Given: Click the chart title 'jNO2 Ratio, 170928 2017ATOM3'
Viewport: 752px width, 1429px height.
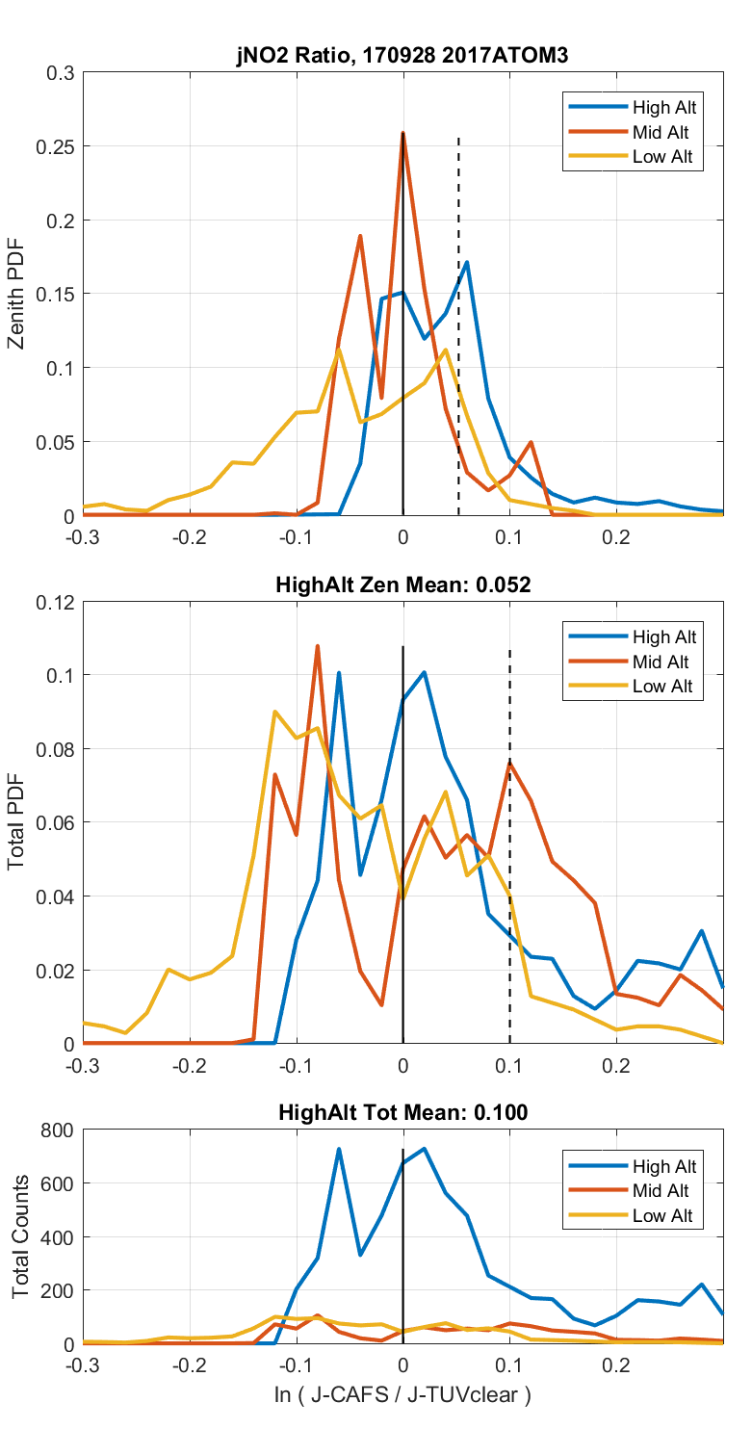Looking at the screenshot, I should (402, 57).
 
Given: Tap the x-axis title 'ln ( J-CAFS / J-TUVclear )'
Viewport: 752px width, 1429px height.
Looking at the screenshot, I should (402, 1393).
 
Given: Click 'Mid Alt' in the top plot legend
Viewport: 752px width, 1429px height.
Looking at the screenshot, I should (661, 132).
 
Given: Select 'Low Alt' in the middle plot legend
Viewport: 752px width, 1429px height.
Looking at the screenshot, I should (662, 687).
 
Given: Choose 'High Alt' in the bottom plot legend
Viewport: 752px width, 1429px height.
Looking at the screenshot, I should (663, 1166).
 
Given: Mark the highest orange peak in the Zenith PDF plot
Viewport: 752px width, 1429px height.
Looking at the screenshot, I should (402, 134).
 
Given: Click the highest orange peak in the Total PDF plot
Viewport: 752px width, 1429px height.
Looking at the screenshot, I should (317, 646).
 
